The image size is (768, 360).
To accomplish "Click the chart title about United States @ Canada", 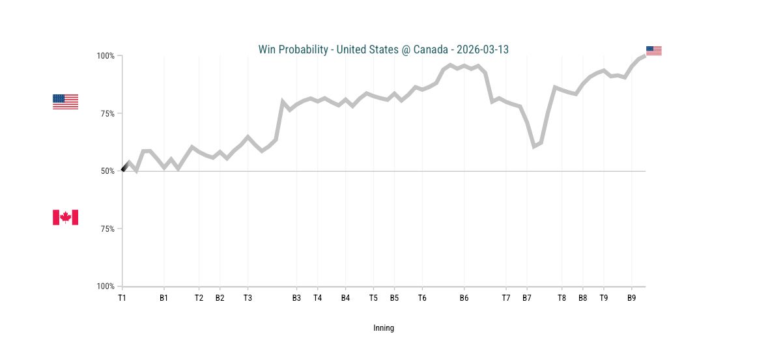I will point(383,49).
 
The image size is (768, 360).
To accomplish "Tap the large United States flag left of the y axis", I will point(65,102).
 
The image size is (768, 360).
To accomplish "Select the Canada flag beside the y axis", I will point(65,217).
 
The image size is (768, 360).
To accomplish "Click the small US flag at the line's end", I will point(653,51).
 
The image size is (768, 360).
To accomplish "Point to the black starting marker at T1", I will point(124,169).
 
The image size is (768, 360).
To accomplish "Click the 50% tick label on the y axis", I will point(106,171).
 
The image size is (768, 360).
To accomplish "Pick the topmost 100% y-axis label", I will point(106,56).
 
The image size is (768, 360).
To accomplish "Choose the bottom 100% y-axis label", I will point(106,286).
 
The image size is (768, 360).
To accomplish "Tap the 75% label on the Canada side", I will point(106,228).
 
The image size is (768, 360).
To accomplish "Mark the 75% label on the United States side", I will point(106,113).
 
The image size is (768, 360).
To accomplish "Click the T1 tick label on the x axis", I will point(122,298).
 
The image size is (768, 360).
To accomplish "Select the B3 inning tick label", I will point(296,298).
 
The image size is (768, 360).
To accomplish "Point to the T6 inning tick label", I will point(422,298).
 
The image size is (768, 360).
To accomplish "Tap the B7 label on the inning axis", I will point(526,298).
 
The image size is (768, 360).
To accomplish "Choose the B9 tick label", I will point(631,298).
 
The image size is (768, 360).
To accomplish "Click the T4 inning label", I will point(317,298).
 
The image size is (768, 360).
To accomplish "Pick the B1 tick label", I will point(164,298).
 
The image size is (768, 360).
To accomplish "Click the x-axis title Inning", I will point(384,328).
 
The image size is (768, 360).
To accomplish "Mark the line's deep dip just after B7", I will point(534,146).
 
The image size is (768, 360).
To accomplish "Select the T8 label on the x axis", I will point(562,298).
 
